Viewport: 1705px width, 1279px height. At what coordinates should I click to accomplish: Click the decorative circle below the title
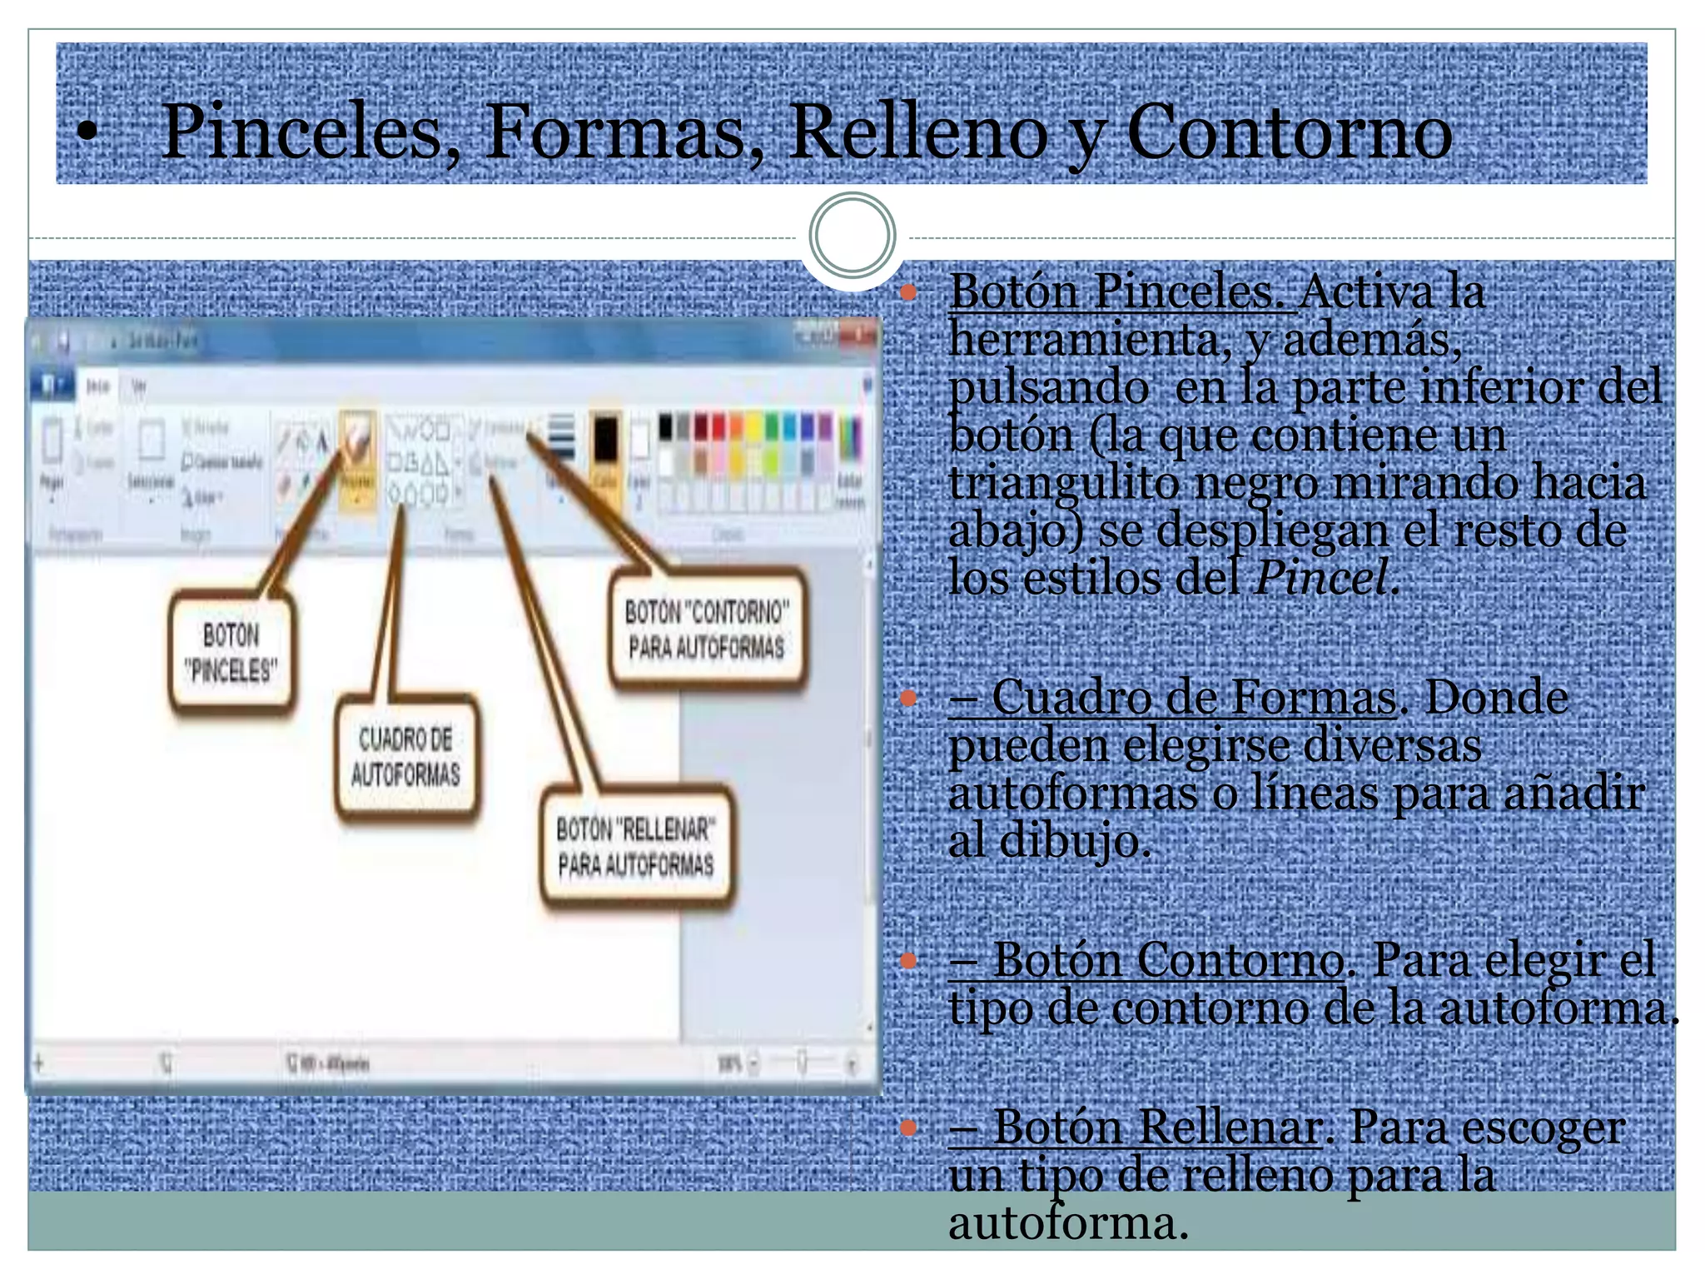click(x=852, y=236)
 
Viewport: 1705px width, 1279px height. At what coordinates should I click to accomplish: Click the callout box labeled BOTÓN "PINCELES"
click(x=231, y=653)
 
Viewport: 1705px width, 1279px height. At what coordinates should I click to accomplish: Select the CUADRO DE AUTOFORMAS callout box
click(x=405, y=757)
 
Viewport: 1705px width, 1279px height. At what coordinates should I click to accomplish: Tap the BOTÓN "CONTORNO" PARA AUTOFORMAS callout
click(x=707, y=630)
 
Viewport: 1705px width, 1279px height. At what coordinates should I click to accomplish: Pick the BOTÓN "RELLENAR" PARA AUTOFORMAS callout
click(x=636, y=847)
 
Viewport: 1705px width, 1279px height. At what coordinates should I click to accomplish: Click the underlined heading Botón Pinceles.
click(x=1121, y=291)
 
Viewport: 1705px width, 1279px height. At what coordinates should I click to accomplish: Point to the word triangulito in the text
click(x=1064, y=483)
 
